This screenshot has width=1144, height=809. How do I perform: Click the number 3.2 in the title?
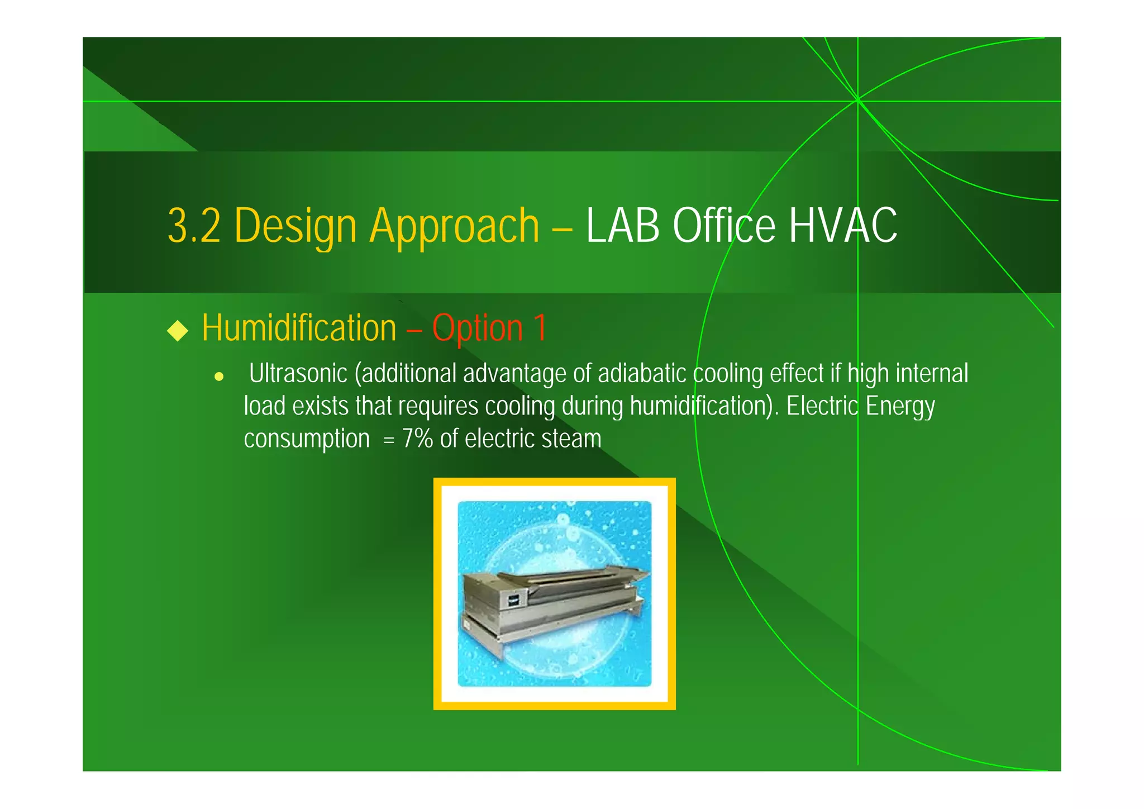[x=194, y=226]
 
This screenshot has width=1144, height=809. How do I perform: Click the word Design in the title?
[x=295, y=226]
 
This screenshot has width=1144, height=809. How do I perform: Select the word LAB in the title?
[x=622, y=226]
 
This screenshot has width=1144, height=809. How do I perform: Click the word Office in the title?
[x=724, y=226]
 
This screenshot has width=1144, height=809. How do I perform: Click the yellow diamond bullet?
[x=178, y=330]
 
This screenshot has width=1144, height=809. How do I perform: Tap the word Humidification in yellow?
[x=299, y=328]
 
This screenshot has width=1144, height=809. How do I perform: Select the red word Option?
[x=478, y=328]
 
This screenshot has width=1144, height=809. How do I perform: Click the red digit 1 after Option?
[x=540, y=328]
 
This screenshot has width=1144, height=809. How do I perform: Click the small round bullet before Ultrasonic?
[x=219, y=377]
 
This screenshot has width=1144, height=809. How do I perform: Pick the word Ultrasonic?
[x=298, y=373]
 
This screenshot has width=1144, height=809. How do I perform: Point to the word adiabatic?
[x=642, y=373]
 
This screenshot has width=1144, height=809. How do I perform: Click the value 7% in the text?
[x=417, y=439]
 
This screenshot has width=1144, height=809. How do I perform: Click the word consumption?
[x=307, y=439]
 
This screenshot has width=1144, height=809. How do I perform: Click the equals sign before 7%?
[x=389, y=440]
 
